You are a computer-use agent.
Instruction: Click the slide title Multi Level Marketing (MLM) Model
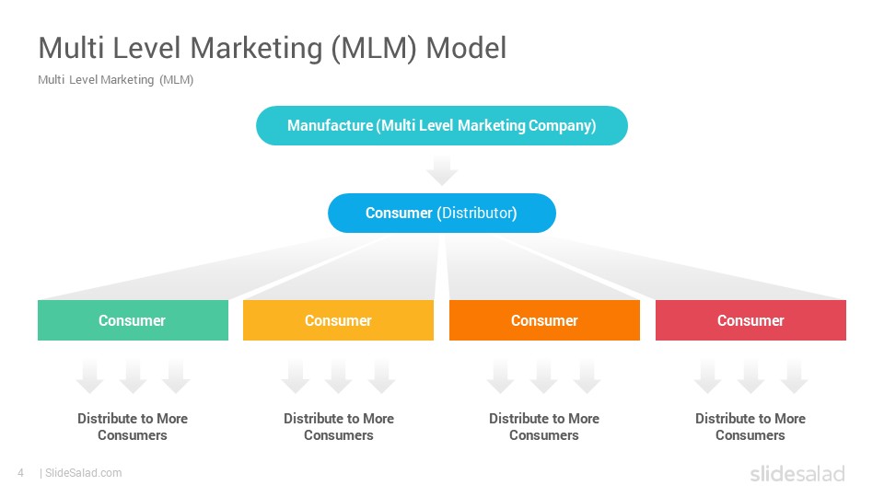[x=273, y=49]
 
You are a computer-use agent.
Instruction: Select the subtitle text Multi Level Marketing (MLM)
[x=116, y=80]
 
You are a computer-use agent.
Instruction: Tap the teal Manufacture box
[x=441, y=126]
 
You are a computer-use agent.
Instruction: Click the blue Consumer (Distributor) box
[x=441, y=213]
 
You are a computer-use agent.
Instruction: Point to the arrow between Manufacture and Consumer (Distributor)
[x=441, y=171]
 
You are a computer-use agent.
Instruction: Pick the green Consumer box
[x=133, y=320]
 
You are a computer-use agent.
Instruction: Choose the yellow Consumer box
[x=338, y=320]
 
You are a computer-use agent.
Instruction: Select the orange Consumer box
[x=544, y=320]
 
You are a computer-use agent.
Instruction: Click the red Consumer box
[x=751, y=320]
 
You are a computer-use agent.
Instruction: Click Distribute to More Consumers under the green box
[x=133, y=426]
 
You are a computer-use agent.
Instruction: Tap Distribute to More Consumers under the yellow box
[x=339, y=426]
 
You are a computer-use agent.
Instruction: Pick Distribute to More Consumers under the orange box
[x=544, y=426]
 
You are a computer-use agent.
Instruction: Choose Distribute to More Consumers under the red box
[x=750, y=426]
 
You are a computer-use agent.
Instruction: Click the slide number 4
[x=21, y=473]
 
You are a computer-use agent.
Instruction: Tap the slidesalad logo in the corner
[x=797, y=473]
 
